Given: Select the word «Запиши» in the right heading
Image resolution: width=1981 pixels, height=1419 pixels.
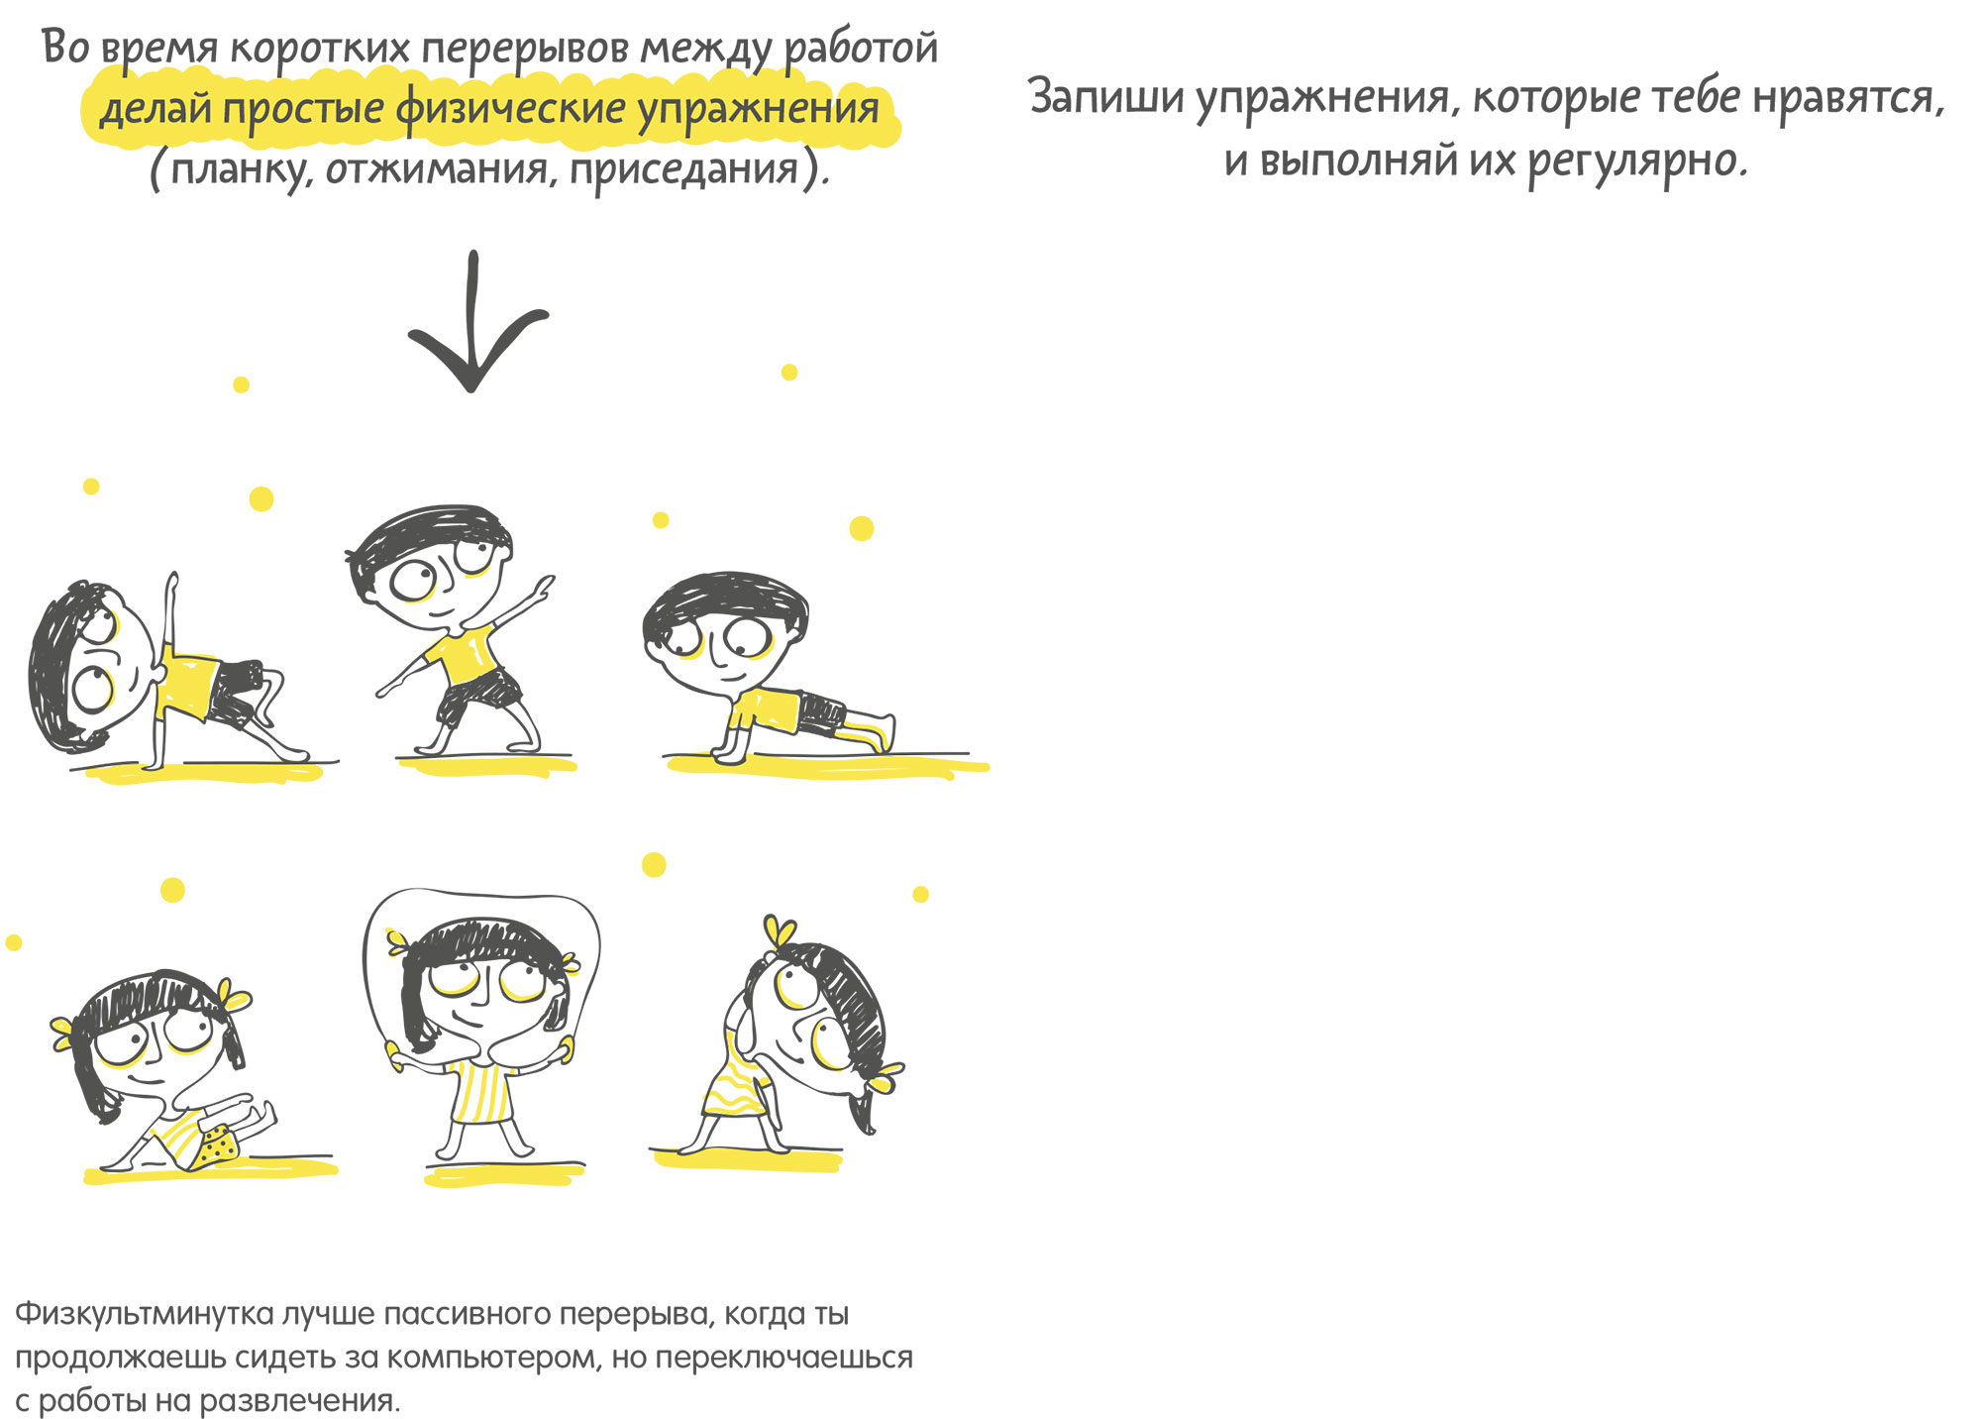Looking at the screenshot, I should (1105, 98).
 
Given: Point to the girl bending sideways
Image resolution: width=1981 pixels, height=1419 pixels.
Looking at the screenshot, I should (792, 1040).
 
